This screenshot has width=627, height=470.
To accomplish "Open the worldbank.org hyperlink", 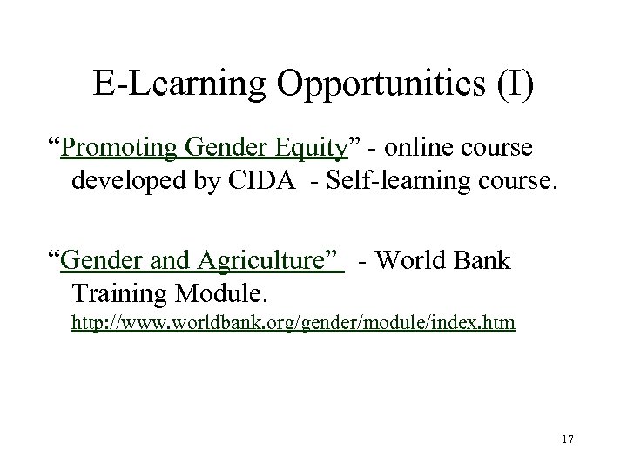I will click(x=293, y=324).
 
